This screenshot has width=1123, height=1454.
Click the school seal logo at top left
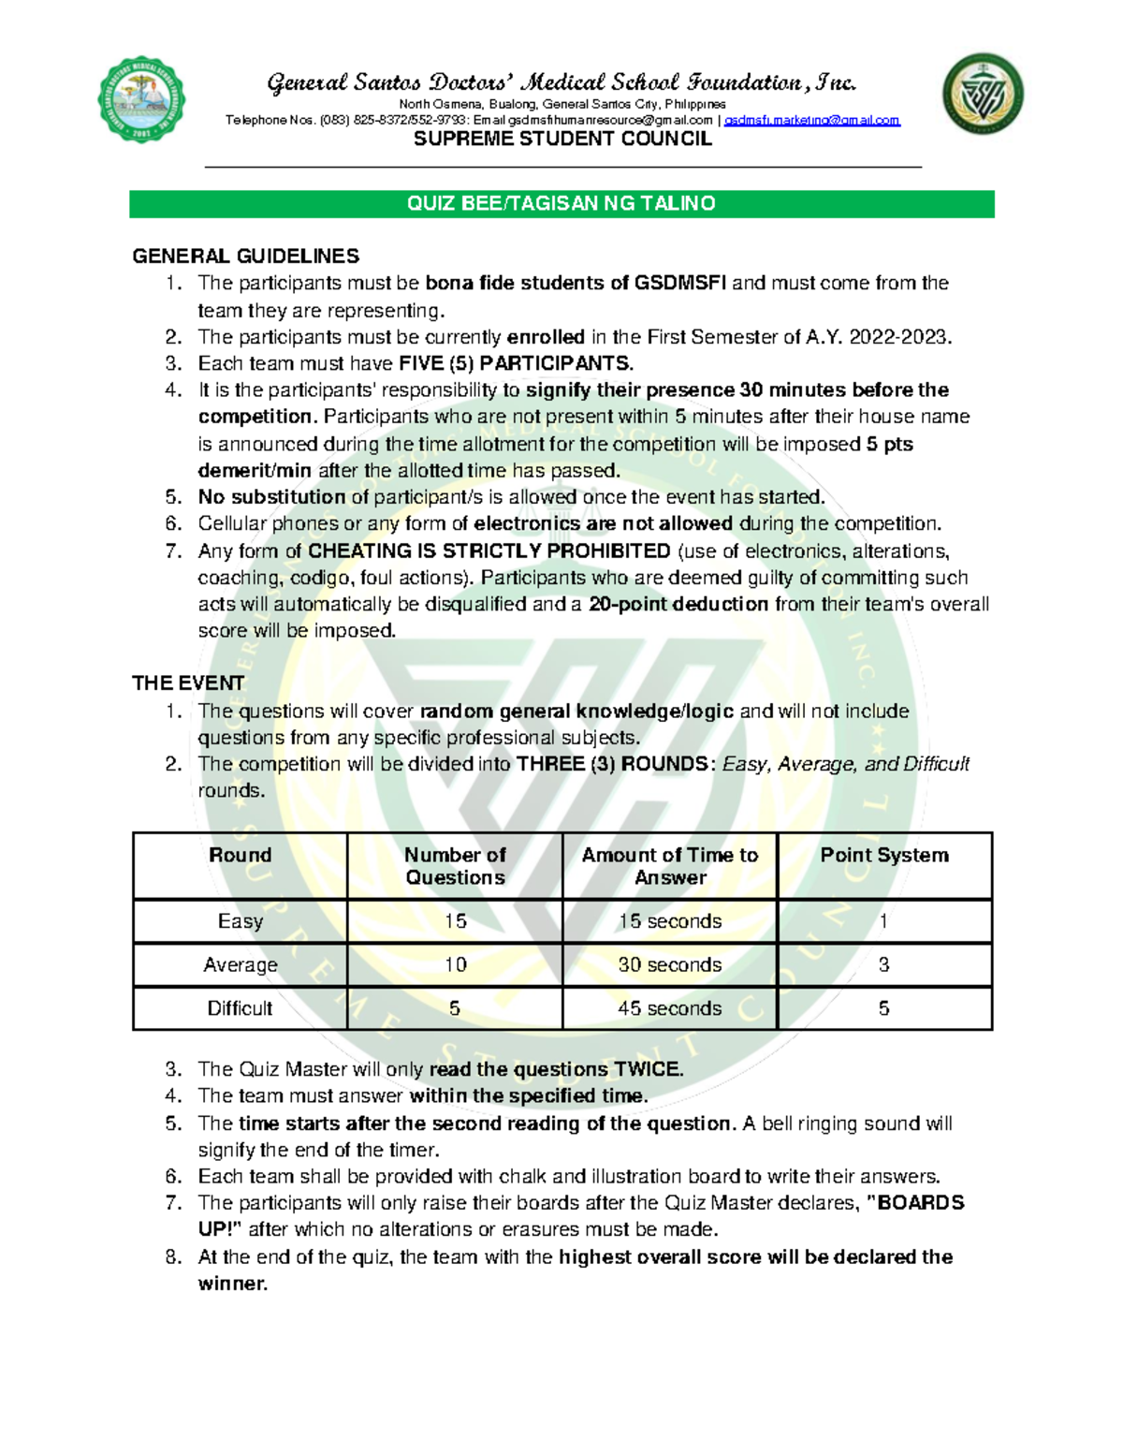click(x=141, y=99)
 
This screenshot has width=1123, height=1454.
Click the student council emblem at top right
click(x=983, y=94)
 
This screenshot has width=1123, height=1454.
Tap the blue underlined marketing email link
click(x=811, y=121)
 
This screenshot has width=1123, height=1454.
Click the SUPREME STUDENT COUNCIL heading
click(x=562, y=140)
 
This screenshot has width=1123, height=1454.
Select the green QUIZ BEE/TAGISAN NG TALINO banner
click(x=561, y=204)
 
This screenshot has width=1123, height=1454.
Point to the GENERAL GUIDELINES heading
click(x=245, y=257)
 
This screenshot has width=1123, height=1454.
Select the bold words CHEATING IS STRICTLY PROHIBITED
click(x=489, y=551)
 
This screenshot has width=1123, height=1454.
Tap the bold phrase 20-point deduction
click(x=678, y=604)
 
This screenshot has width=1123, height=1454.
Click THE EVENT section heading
click(x=188, y=683)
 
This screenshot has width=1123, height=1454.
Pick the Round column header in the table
click(x=241, y=855)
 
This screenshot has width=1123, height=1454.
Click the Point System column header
click(x=884, y=855)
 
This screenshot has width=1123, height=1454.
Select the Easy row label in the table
click(x=241, y=921)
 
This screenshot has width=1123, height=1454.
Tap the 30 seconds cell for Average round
click(x=670, y=964)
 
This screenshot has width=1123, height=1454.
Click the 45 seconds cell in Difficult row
click(x=670, y=1008)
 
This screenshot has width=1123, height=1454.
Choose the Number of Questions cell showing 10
click(x=455, y=964)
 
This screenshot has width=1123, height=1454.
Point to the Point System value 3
click(x=883, y=964)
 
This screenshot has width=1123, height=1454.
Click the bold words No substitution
click(x=271, y=497)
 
